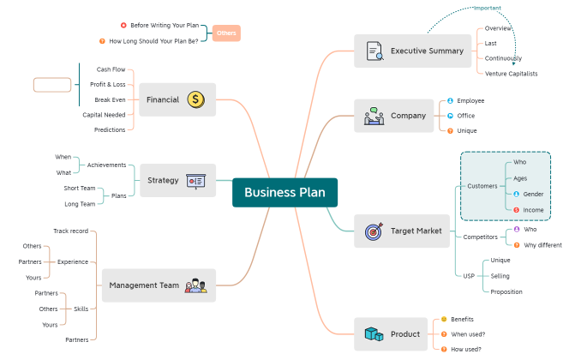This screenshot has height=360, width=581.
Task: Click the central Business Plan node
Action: pyautogui.click(x=285, y=193)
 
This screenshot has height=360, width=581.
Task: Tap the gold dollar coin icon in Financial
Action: pyautogui.click(x=196, y=100)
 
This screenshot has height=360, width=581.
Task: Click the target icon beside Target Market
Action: pyautogui.click(x=374, y=231)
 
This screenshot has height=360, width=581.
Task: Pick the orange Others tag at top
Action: pyautogui.click(x=226, y=33)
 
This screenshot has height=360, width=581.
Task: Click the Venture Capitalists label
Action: pyautogui.click(x=512, y=74)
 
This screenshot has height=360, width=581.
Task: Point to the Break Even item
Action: pyautogui.click(x=110, y=99)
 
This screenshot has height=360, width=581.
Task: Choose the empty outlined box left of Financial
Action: pyautogui.click(x=52, y=84)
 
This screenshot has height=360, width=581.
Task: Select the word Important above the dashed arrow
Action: pyautogui.click(x=488, y=8)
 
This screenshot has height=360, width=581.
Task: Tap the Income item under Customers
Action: pyautogui.click(x=533, y=210)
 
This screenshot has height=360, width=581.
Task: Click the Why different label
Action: pyautogui.click(x=542, y=245)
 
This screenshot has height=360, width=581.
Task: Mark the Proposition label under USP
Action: pyautogui.click(x=506, y=291)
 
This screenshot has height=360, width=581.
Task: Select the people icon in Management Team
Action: pyautogui.click(x=196, y=285)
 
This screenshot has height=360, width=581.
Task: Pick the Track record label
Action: pyautogui.click(x=70, y=231)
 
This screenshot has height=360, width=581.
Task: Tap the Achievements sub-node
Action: pyautogui.click(x=107, y=165)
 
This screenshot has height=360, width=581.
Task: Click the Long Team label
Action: pyautogui.click(x=80, y=204)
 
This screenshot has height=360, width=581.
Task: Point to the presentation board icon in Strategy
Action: pyautogui.click(x=195, y=181)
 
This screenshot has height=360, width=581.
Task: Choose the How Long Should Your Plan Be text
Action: pyautogui.click(x=159, y=41)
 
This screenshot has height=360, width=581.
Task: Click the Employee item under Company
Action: pyautogui.click(x=470, y=100)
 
